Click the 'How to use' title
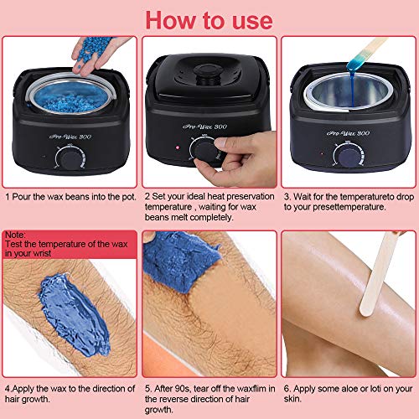click(x=209, y=20)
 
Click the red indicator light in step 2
click(x=177, y=147)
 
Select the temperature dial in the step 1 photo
click(x=70, y=158)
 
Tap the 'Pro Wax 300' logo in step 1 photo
click(x=70, y=137)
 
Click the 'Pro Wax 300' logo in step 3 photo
click(x=348, y=133)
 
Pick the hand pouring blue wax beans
click(x=98, y=54)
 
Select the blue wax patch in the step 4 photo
click(x=74, y=314)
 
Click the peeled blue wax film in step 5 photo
click(x=178, y=261)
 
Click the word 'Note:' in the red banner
click(x=15, y=235)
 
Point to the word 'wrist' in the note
click(x=41, y=253)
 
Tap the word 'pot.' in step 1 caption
click(x=129, y=197)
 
